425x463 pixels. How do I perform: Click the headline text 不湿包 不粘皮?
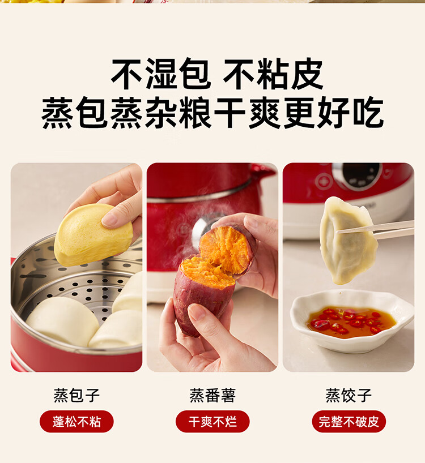[x=216, y=74]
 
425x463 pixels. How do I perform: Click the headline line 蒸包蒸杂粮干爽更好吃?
[x=212, y=113]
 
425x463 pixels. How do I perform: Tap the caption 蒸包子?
[x=76, y=396]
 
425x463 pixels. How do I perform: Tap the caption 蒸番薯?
[x=212, y=396]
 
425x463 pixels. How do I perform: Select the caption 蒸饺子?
[x=348, y=396]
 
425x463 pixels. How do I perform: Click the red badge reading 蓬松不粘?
[x=76, y=421]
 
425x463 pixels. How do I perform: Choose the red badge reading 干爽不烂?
[x=212, y=421]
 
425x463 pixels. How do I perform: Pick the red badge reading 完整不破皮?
[x=348, y=421]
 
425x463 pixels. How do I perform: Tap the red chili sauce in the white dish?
[x=351, y=322]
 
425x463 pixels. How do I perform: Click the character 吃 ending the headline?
[x=368, y=113]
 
